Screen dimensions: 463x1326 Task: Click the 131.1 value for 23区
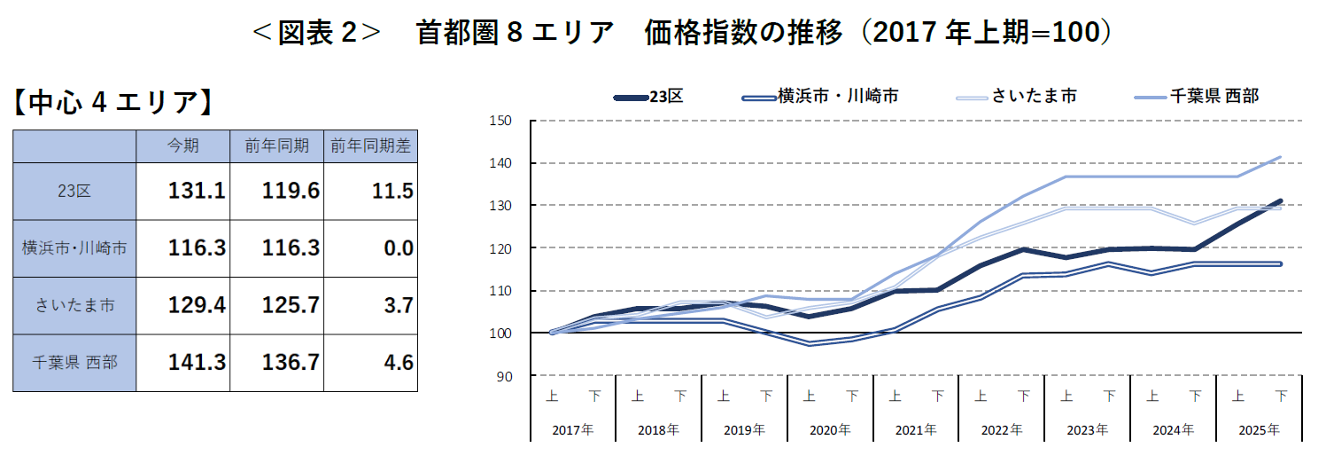click(x=197, y=191)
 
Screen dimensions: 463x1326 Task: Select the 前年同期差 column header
click(x=370, y=146)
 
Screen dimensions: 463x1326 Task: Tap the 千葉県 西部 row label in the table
click(x=74, y=362)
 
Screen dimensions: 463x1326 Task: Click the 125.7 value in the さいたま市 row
click(x=291, y=305)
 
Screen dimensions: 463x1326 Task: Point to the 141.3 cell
click(x=197, y=362)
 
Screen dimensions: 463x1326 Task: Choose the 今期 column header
click(x=183, y=146)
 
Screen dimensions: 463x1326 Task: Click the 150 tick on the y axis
click(x=501, y=121)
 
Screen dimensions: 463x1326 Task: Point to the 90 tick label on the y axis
click(x=505, y=376)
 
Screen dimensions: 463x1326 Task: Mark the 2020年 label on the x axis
click(x=830, y=430)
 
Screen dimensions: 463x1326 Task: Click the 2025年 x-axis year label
click(x=1259, y=430)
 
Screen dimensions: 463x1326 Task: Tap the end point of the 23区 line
click(x=1280, y=201)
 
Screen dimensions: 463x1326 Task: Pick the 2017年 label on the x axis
click(x=572, y=430)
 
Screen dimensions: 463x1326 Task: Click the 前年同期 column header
click(x=277, y=146)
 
